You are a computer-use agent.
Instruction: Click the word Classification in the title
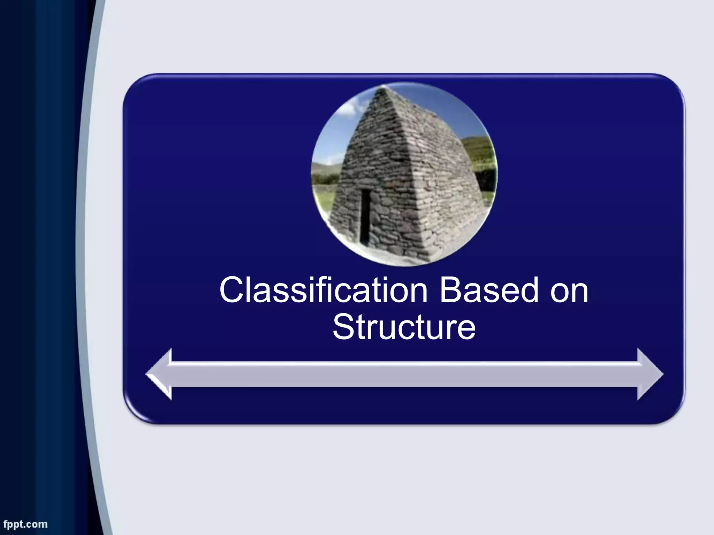coord(323,290)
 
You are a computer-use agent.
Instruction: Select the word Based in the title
coord(489,290)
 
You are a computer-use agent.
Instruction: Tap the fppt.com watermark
coord(25,524)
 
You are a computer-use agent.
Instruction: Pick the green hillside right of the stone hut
coord(479,150)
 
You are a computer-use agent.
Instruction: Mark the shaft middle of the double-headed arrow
coord(404,375)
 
